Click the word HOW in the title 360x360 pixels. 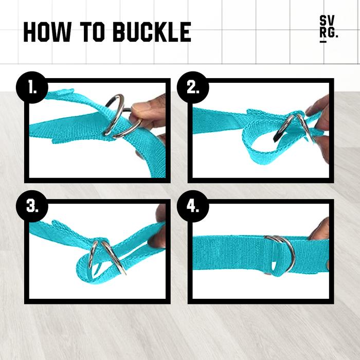point(47,32)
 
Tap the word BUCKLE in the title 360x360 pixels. point(152,32)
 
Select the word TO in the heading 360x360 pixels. point(92,32)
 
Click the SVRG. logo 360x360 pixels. point(329,29)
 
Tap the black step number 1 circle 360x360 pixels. point(32,87)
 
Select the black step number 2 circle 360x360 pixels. point(193,87)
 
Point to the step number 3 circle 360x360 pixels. point(32,206)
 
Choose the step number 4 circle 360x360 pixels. point(193,206)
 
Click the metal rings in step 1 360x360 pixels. point(119,117)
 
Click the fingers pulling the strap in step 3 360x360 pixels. point(158,232)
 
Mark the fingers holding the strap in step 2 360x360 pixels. point(320,129)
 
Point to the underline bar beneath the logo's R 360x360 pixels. point(323,42)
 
